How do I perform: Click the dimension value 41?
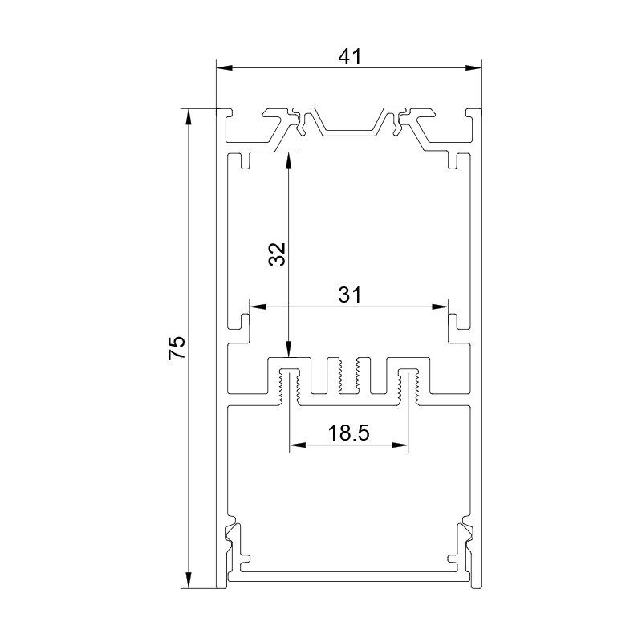tap(350, 56)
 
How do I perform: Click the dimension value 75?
tap(177, 348)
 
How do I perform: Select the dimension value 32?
tap(277, 254)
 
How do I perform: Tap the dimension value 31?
tap(350, 295)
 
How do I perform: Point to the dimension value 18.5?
tap(349, 433)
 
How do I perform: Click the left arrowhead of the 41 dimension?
tap(225, 67)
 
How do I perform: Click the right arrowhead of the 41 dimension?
tap(473, 67)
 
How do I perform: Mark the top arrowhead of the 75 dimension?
tap(189, 116)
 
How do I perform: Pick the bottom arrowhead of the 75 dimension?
tap(189, 580)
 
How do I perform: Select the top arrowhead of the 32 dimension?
tap(289, 160)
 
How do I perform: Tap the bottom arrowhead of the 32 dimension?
tap(289, 350)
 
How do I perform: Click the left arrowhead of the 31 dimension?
tap(258, 306)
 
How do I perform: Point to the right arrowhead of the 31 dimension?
tap(440, 306)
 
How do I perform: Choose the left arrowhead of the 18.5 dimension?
tap(298, 445)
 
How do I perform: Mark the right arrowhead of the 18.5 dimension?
tap(400, 445)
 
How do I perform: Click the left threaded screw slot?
tap(289, 387)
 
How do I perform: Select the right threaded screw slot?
tap(408, 387)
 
